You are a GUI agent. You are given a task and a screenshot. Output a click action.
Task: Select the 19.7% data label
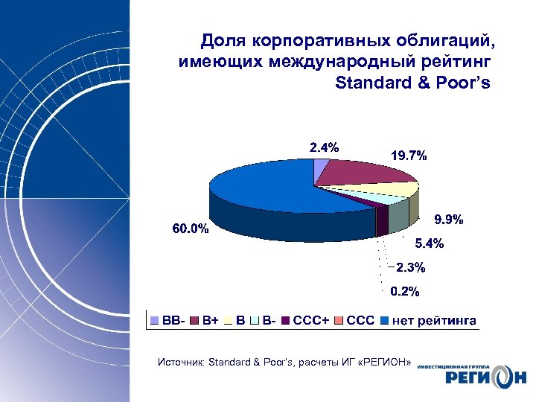point(409,156)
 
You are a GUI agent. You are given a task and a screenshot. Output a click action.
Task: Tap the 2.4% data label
point(324,147)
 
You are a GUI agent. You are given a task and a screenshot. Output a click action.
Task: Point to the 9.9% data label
point(449,220)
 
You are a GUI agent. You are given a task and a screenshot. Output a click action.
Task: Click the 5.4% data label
point(430,243)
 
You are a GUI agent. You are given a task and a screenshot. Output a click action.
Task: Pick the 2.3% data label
point(410,267)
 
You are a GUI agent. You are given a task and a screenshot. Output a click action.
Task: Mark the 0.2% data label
point(406,290)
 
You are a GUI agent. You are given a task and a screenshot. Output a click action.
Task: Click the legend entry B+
point(205,321)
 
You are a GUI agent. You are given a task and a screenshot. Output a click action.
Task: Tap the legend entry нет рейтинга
point(429,321)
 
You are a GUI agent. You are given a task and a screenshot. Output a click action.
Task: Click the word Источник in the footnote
point(181,363)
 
